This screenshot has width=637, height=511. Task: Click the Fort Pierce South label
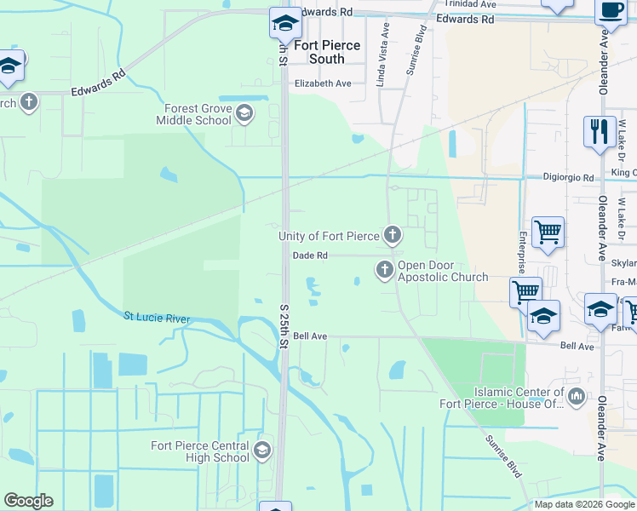click(x=327, y=52)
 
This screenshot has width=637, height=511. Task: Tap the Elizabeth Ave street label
click(x=323, y=83)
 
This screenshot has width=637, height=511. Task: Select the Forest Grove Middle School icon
click(x=244, y=113)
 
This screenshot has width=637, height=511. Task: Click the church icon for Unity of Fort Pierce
click(x=392, y=234)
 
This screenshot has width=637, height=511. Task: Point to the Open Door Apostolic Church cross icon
click(x=384, y=270)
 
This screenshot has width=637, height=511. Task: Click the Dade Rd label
click(x=310, y=255)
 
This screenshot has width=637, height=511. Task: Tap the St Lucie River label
click(x=158, y=317)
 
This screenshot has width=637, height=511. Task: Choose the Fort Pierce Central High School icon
click(x=262, y=450)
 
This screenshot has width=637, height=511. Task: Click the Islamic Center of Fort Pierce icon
click(x=577, y=396)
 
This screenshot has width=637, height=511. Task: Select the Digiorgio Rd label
click(x=568, y=177)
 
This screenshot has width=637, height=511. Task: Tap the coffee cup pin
click(x=610, y=10)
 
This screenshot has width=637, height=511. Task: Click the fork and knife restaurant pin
click(x=599, y=132)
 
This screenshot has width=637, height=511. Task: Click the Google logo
click(x=28, y=501)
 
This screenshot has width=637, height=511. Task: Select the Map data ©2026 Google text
click(x=583, y=504)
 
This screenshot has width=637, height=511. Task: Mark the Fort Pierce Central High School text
click(x=200, y=451)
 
